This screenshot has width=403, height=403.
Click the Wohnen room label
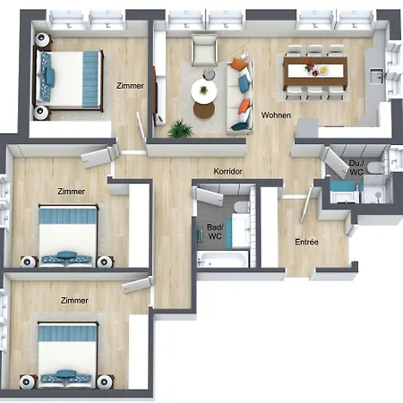tap(276, 115)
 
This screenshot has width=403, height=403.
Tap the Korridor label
tap(227, 171)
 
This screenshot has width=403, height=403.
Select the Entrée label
tap(306, 242)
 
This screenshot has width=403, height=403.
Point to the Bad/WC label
tap(215, 232)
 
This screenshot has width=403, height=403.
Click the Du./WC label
tap(356, 167)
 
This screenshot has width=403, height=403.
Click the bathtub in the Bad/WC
tap(223, 259)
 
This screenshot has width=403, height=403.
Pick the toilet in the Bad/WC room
tap(242, 207)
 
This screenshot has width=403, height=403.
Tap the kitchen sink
tap(377, 76)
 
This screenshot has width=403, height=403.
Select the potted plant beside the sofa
tap(180, 129)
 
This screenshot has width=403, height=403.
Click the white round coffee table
tap(204, 91)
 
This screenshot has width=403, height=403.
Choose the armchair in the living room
tap(204, 50)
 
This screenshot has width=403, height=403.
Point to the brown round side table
tap(204, 110)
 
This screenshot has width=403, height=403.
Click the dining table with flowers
tap(315, 72)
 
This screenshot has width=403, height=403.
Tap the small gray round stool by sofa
tap(209, 74)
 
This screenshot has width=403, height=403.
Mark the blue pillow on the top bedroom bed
tap(50, 76)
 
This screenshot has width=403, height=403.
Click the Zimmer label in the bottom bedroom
tap(74, 300)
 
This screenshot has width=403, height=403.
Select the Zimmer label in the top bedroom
tap(130, 86)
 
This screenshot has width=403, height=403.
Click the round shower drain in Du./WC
tap(378, 195)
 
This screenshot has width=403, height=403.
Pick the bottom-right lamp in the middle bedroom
tap(105, 262)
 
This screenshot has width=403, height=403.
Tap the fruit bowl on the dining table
tap(323, 71)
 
